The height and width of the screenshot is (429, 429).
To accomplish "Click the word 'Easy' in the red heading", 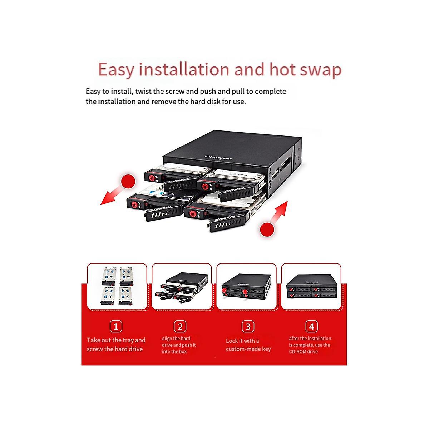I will (x=116, y=69).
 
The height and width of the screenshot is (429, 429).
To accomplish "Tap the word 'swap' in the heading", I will (x=320, y=69).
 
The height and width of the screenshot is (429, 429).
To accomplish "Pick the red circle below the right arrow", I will (x=267, y=229).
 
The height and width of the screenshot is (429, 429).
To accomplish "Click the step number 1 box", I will (x=115, y=326).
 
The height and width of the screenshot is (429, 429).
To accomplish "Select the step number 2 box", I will (x=180, y=326).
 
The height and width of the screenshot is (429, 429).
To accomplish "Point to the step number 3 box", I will (x=248, y=326).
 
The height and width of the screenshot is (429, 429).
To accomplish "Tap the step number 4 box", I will (x=311, y=326).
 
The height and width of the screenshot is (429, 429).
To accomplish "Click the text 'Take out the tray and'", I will (x=116, y=340).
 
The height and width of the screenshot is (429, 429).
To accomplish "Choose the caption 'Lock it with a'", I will (x=242, y=341).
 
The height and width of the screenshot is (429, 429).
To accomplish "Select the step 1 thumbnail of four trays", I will (x=117, y=286).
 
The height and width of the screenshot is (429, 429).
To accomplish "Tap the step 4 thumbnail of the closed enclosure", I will (x=310, y=287).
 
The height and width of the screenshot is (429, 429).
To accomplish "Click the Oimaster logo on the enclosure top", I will (x=218, y=158).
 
